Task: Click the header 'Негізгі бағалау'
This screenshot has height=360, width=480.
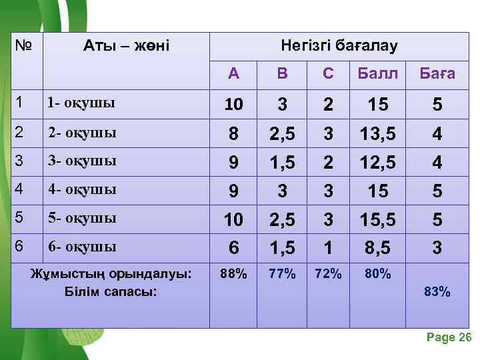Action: click(x=339, y=46)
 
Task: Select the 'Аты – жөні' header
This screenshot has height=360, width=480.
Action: click(x=127, y=46)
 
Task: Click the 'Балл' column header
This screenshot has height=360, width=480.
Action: click(x=377, y=73)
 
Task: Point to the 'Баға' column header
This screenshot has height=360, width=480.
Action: click(x=437, y=73)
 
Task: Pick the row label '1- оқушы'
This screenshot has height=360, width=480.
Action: click(x=81, y=103)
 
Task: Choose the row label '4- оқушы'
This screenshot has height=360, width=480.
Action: click(x=81, y=189)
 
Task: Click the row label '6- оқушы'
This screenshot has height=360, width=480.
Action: click(x=81, y=247)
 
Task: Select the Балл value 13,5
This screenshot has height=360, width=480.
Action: click(x=377, y=134)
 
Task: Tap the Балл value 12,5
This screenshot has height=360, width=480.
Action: click(x=377, y=162)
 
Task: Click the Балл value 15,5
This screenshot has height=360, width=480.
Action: click(x=377, y=219)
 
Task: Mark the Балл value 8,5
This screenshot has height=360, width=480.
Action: click(x=377, y=248)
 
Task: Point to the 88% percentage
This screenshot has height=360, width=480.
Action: click(x=233, y=273)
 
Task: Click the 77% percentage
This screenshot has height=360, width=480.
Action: click(x=282, y=273)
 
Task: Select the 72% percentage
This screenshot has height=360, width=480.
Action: click(x=328, y=273)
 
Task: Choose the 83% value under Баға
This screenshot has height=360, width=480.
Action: click(x=437, y=291)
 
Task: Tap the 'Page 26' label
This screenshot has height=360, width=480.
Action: click(x=449, y=337)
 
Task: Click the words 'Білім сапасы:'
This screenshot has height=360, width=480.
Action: click(x=111, y=291)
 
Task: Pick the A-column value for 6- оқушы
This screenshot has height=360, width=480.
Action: click(x=233, y=248)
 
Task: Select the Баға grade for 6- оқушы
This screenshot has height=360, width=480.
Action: click(x=437, y=248)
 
